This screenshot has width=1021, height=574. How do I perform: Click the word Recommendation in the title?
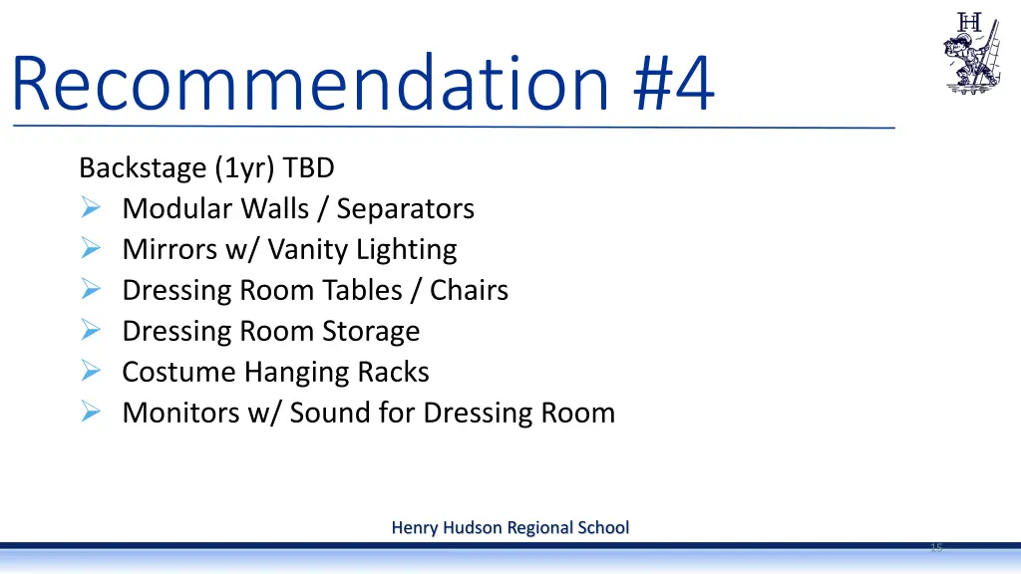310,84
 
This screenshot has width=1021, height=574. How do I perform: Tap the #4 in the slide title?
674,84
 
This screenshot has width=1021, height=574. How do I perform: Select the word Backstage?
142,167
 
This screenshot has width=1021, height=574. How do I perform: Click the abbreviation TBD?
309,167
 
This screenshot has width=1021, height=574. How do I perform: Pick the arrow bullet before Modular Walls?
90,208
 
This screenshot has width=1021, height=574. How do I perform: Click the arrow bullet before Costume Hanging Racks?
90,372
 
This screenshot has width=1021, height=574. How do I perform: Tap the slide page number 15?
935,548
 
